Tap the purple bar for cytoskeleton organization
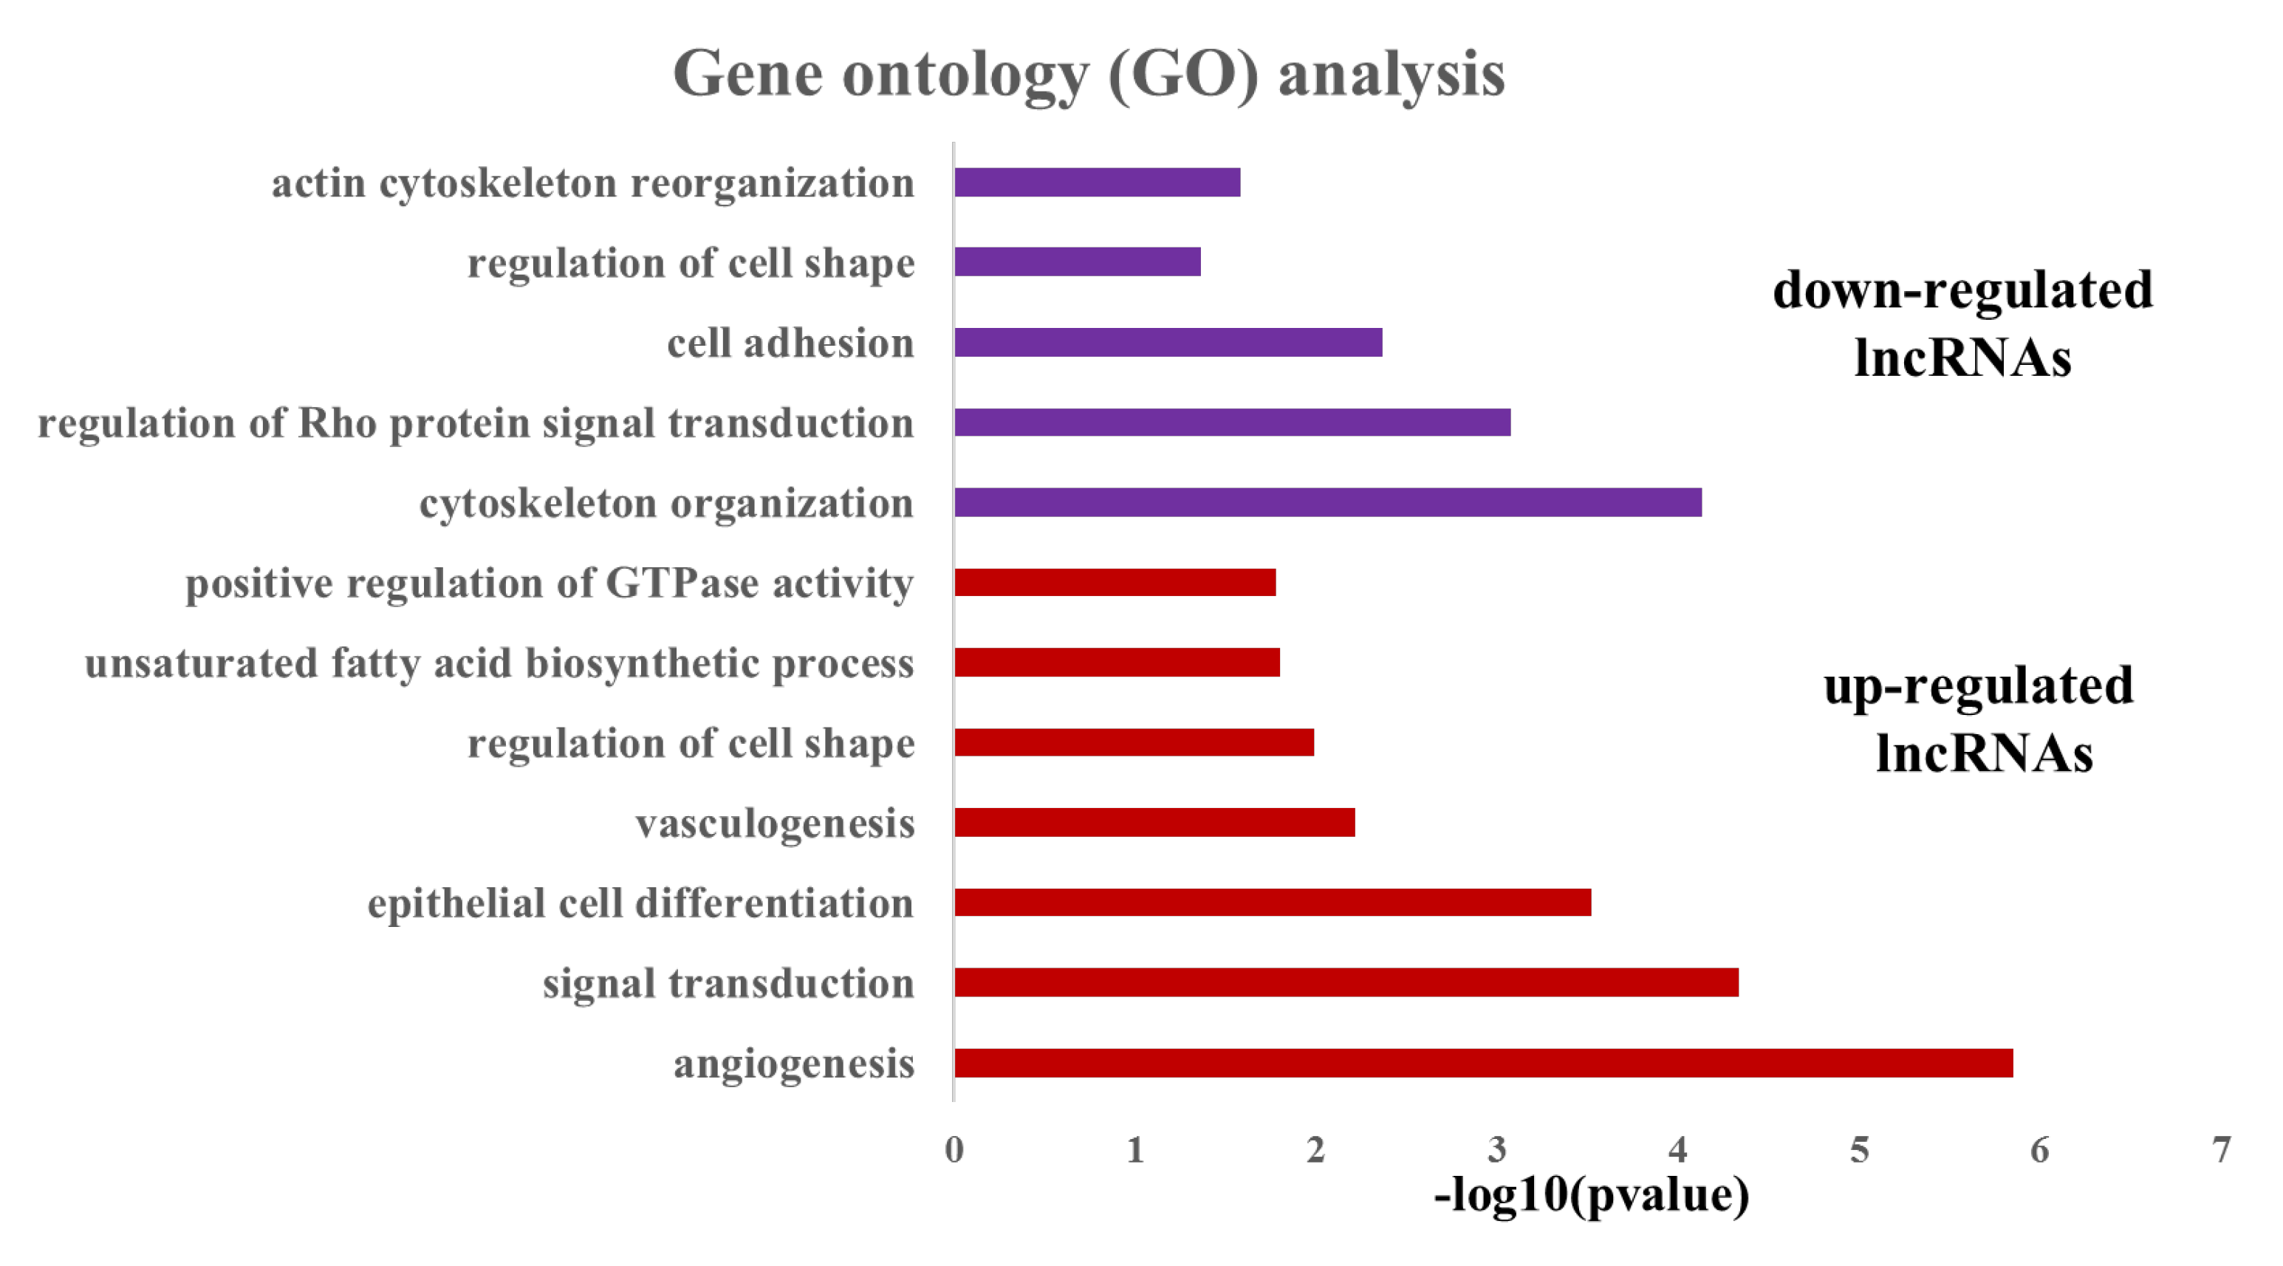pyautogui.click(x=1327, y=503)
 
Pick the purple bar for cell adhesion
pyautogui.click(x=1167, y=342)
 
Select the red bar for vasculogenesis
pyautogui.click(x=1154, y=823)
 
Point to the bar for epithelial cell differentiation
pyautogui.click(x=1272, y=903)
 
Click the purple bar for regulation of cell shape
pyautogui.click(x=1077, y=262)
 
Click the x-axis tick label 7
pyautogui.click(x=2220, y=1150)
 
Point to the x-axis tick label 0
pyautogui.click(x=954, y=1150)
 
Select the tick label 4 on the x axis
pyautogui.click(x=1677, y=1150)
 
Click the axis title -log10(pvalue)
pyautogui.click(x=1591, y=1195)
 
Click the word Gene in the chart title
pyautogui.click(x=748, y=74)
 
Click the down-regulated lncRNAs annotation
pyautogui.click(x=1962, y=324)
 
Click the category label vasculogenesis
pyautogui.click(x=775, y=824)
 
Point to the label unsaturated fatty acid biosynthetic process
pyautogui.click(x=499, y=664)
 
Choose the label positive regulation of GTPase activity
pyautogui.click(x=549, y=584)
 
